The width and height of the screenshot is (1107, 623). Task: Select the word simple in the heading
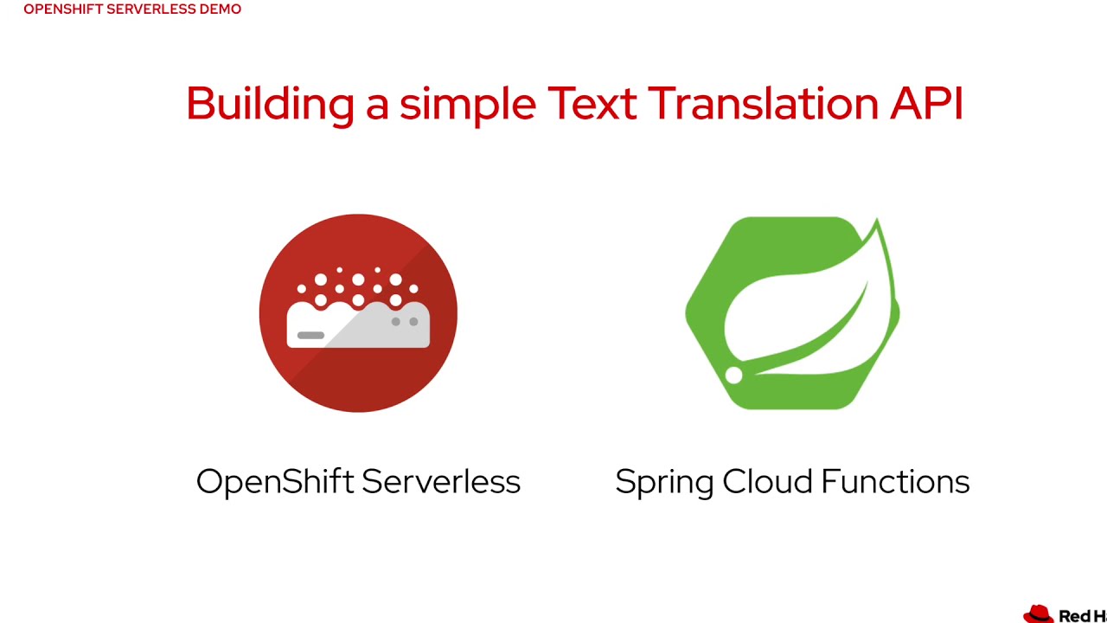(467, 104)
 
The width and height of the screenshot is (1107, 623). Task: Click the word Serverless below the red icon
(441, 481)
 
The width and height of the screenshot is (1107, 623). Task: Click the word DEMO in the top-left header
(220, 10)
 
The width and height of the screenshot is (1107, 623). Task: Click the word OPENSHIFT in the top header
(63, 10)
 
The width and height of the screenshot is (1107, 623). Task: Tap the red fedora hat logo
(1039, 614)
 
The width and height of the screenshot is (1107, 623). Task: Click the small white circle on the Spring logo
(733, 376)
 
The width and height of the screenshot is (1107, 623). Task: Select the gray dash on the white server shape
(310, 335)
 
